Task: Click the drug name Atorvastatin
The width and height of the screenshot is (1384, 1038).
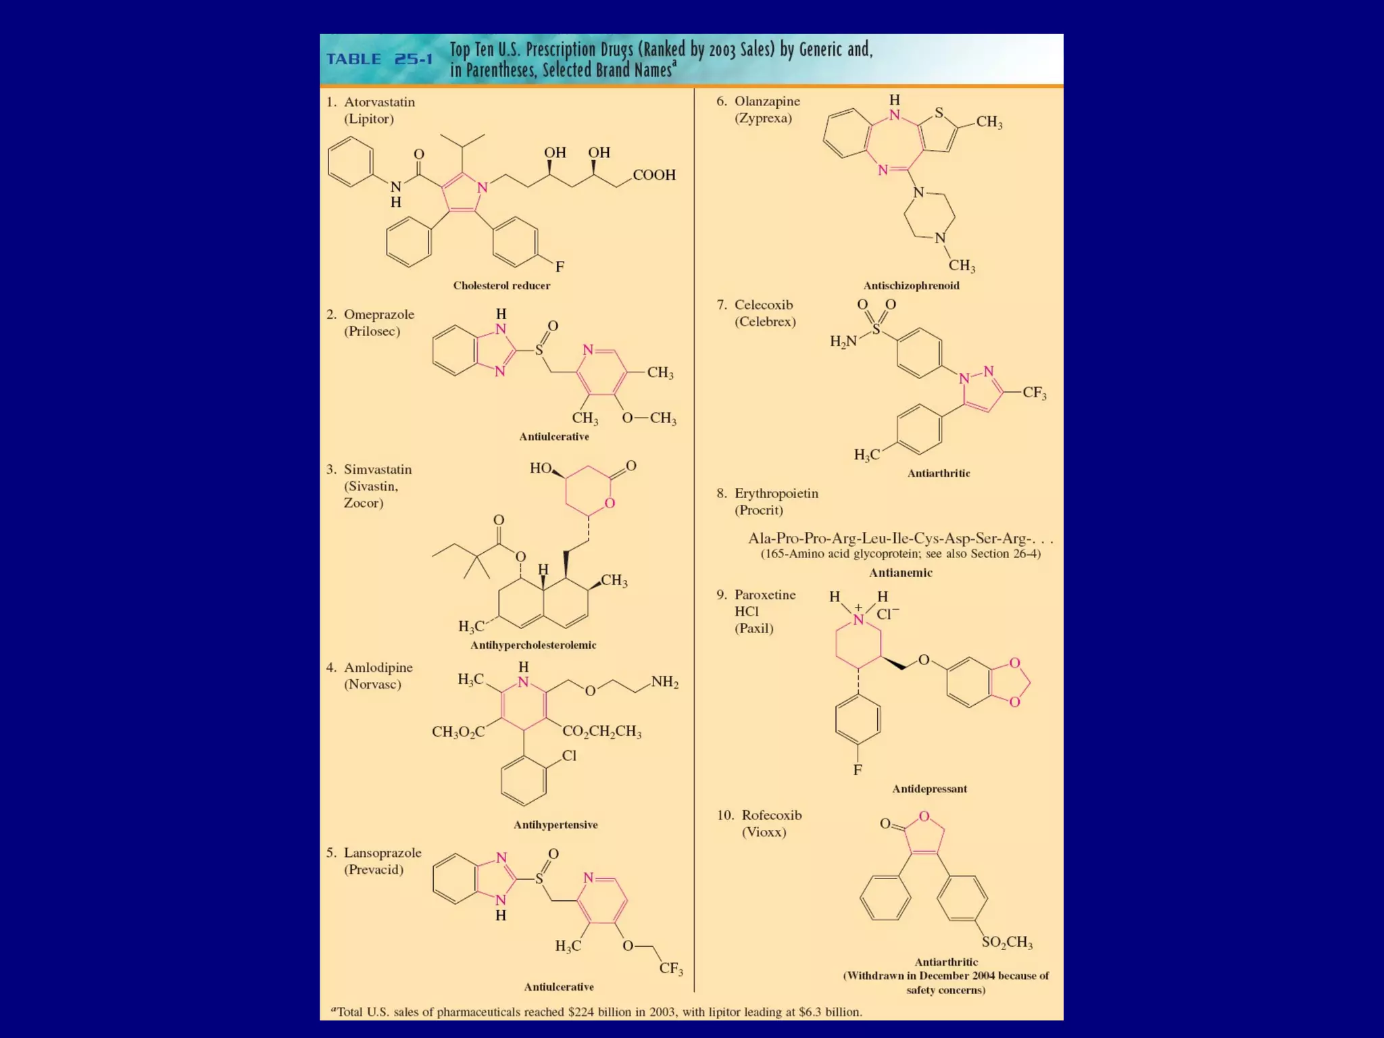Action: (379, 102)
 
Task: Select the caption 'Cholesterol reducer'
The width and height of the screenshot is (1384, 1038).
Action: (501, 286)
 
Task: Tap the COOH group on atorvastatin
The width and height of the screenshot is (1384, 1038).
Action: (654, 175)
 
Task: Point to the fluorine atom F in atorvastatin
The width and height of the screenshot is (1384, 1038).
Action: (560, 267)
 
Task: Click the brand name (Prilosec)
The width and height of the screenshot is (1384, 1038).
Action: (372, 331)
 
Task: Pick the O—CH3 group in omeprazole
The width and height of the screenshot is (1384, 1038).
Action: (649, 418)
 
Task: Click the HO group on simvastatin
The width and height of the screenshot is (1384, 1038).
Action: (541, 468)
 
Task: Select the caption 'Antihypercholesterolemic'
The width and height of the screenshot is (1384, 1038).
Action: (533, 645)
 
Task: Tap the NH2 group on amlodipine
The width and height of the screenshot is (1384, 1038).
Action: (664, 682)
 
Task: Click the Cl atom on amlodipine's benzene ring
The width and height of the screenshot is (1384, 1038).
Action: (569, 756)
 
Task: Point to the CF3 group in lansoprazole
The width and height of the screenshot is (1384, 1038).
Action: (671, 968)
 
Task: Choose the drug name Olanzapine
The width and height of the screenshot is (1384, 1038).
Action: (767, 101)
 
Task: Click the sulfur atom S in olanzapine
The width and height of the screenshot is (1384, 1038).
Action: (939, 113)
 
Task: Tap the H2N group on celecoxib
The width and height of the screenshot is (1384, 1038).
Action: (843, 342)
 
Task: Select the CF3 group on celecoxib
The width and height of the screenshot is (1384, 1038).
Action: (1034, 393)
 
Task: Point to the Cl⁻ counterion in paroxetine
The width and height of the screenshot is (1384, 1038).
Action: (887, 614)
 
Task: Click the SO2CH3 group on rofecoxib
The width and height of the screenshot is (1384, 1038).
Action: (1007, 942)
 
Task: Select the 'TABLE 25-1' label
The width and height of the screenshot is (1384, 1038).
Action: (379, 59)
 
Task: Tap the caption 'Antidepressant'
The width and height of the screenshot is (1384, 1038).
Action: (929, 789)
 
